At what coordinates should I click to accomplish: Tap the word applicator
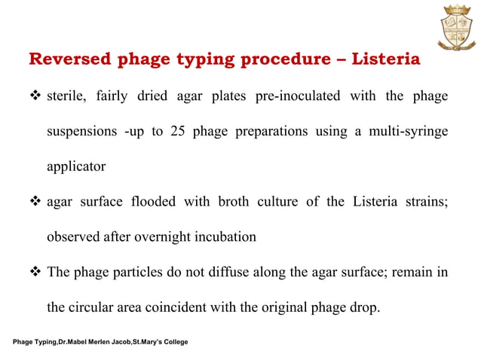tap(76, 166)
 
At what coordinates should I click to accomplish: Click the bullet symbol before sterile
tap(35, 97)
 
